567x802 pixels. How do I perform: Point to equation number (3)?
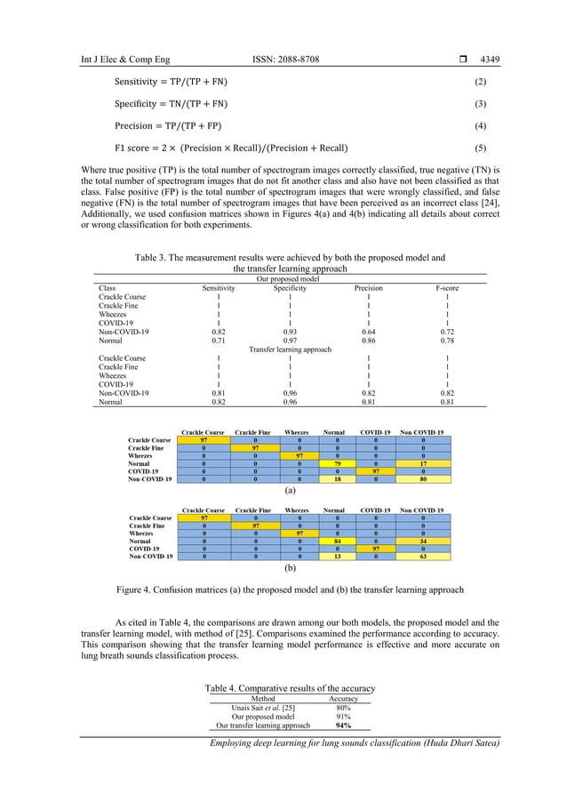coord(479,104)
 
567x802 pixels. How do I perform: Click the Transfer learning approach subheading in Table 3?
coord(289,350)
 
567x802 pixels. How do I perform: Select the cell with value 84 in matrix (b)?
coord(337,541)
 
